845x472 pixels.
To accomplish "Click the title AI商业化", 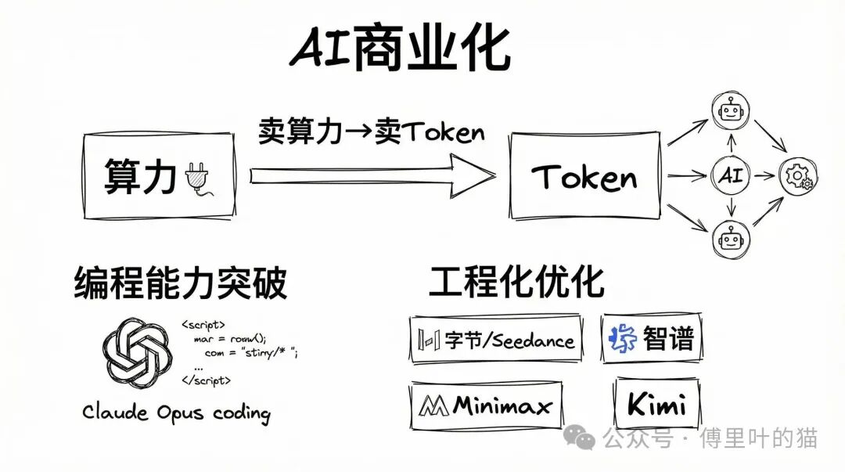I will coord(400,52).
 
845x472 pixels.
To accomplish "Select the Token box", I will coord(584,177).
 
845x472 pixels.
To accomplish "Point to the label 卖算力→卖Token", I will coord(371,132).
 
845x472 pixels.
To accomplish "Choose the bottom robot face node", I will coord(729,240).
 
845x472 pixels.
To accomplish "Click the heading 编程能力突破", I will coord(181,283).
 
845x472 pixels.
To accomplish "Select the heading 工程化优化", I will coord(516,282).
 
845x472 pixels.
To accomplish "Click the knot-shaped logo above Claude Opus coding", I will coord(138,351).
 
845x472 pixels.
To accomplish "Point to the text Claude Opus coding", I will coord(176,413).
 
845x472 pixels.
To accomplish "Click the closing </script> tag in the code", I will coord(206,380).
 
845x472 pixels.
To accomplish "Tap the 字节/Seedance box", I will coord(496,340).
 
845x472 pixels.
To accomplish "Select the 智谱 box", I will coord(650,338).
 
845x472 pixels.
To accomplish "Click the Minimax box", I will coord(485,405).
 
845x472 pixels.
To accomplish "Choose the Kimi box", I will coord(656,405).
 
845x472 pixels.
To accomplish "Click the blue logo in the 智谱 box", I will coord(623,339).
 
